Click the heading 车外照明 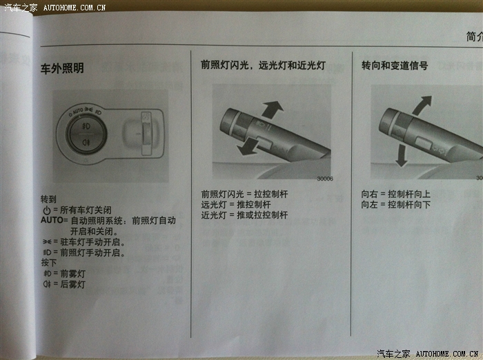(x=62, y=68)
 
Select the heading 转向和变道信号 (x=395, y=66)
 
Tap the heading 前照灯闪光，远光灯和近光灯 (x=263, y=65)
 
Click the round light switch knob (x=86, y=134)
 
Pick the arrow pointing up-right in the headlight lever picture (x=272, y=110)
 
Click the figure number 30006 (x=325, y=179)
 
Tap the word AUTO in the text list (x=52, y=220)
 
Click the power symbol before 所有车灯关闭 (x=47, y=210)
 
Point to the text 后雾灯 (x=72, y=284)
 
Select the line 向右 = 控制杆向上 (x=396, y=194)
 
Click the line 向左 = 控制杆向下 (x=396, y=204)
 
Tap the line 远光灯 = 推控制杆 (x=236, y=204)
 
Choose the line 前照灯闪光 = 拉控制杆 (x=244, y=194)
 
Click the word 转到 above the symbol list (x=49, y=199)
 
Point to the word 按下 (x=49, y=263)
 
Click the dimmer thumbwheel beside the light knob (x=146, y=134)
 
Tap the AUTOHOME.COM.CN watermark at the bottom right (x=447, y=354)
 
